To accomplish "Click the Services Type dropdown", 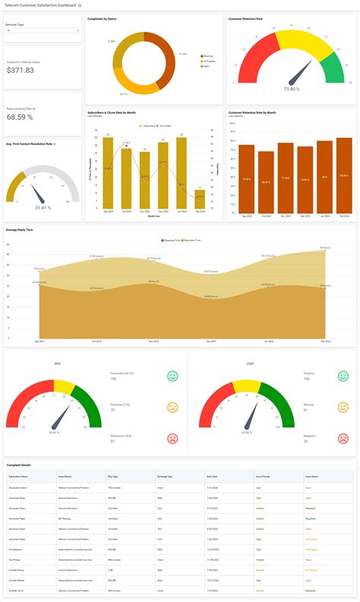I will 43,31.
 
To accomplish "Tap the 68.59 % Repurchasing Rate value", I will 20,117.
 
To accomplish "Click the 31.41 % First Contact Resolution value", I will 43,207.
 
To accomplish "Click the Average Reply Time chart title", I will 19,229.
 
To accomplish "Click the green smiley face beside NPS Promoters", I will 172,376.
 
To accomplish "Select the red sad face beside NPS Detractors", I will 172,438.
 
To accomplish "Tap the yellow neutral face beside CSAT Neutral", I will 343,407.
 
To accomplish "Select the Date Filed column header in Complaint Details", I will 212,476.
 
